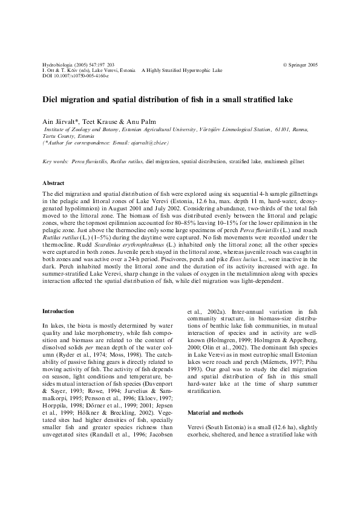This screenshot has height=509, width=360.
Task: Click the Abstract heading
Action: click(x=54, y=183)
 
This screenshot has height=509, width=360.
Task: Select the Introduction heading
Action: click(x=58, y=311)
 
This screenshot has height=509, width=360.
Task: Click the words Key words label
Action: click(x=55, y=162)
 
